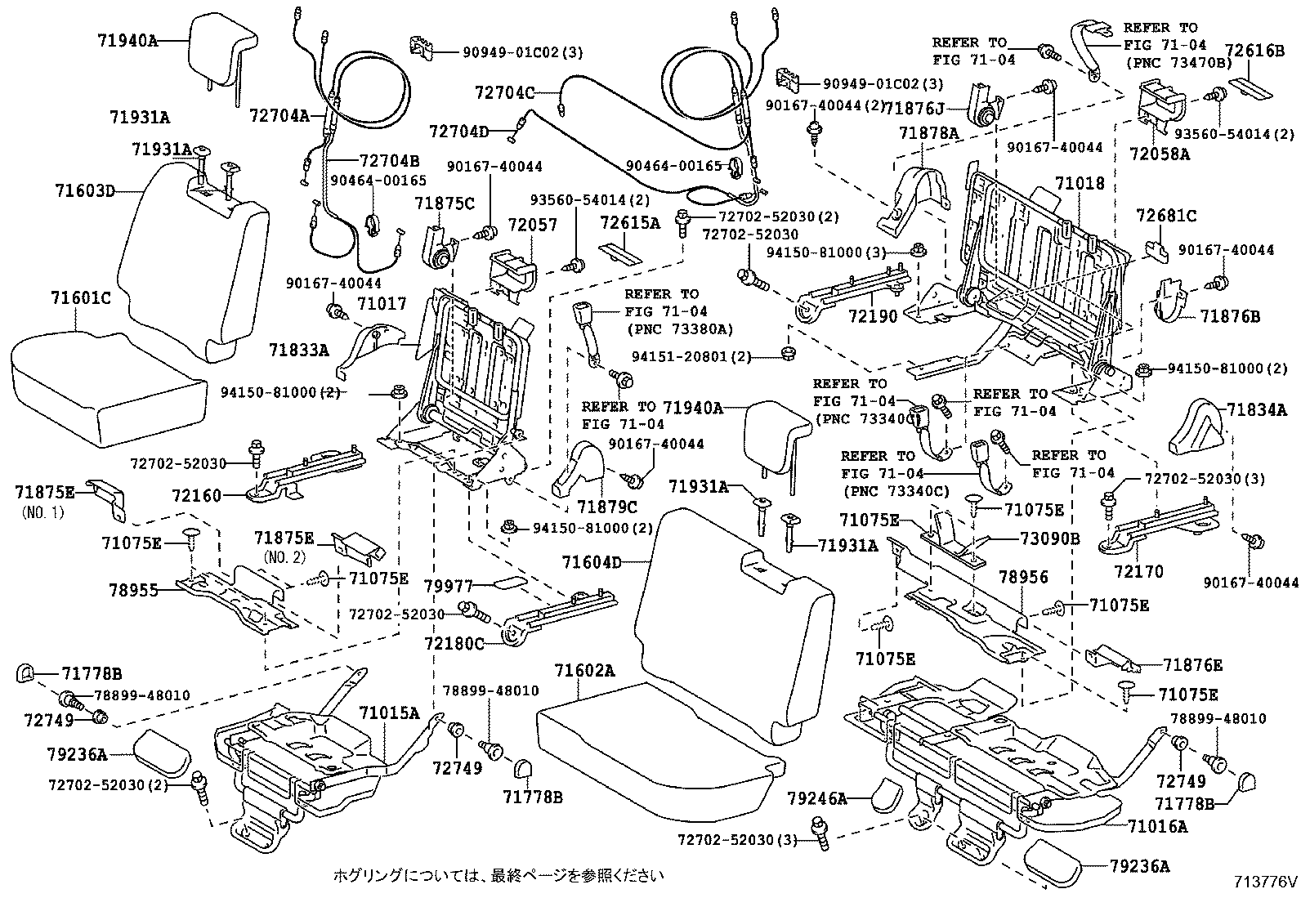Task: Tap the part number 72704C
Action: coord(504,93)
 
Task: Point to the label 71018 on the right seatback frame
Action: coord(1079,184)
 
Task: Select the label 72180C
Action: coord(454,644)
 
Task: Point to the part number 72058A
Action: coord(1159,153)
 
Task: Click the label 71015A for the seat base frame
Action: coord(389,713)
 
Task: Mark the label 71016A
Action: coord(1157,826)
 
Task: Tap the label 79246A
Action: coord(816,797)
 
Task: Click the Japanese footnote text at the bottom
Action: coord(497,876)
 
